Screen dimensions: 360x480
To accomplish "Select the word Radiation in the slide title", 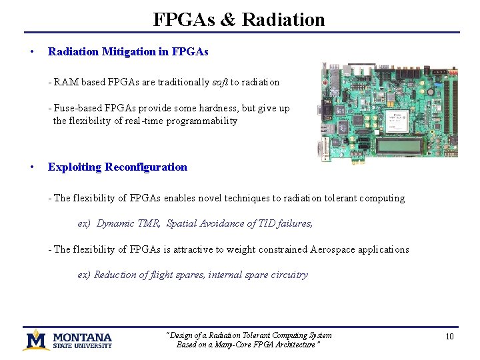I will (x=283, y=19).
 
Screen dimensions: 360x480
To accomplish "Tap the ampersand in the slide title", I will (x=227, y=19).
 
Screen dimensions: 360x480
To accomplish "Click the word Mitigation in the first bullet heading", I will (x=131, y=51).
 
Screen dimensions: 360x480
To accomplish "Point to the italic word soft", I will (x=220, y=82).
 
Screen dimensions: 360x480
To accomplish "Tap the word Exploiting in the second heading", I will (x=74, y=167).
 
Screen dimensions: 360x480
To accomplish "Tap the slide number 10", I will (x=449, y=337).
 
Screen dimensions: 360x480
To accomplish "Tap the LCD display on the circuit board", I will (x=400, y=145).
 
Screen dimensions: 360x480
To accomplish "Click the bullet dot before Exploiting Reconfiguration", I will (x=33, y=167).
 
